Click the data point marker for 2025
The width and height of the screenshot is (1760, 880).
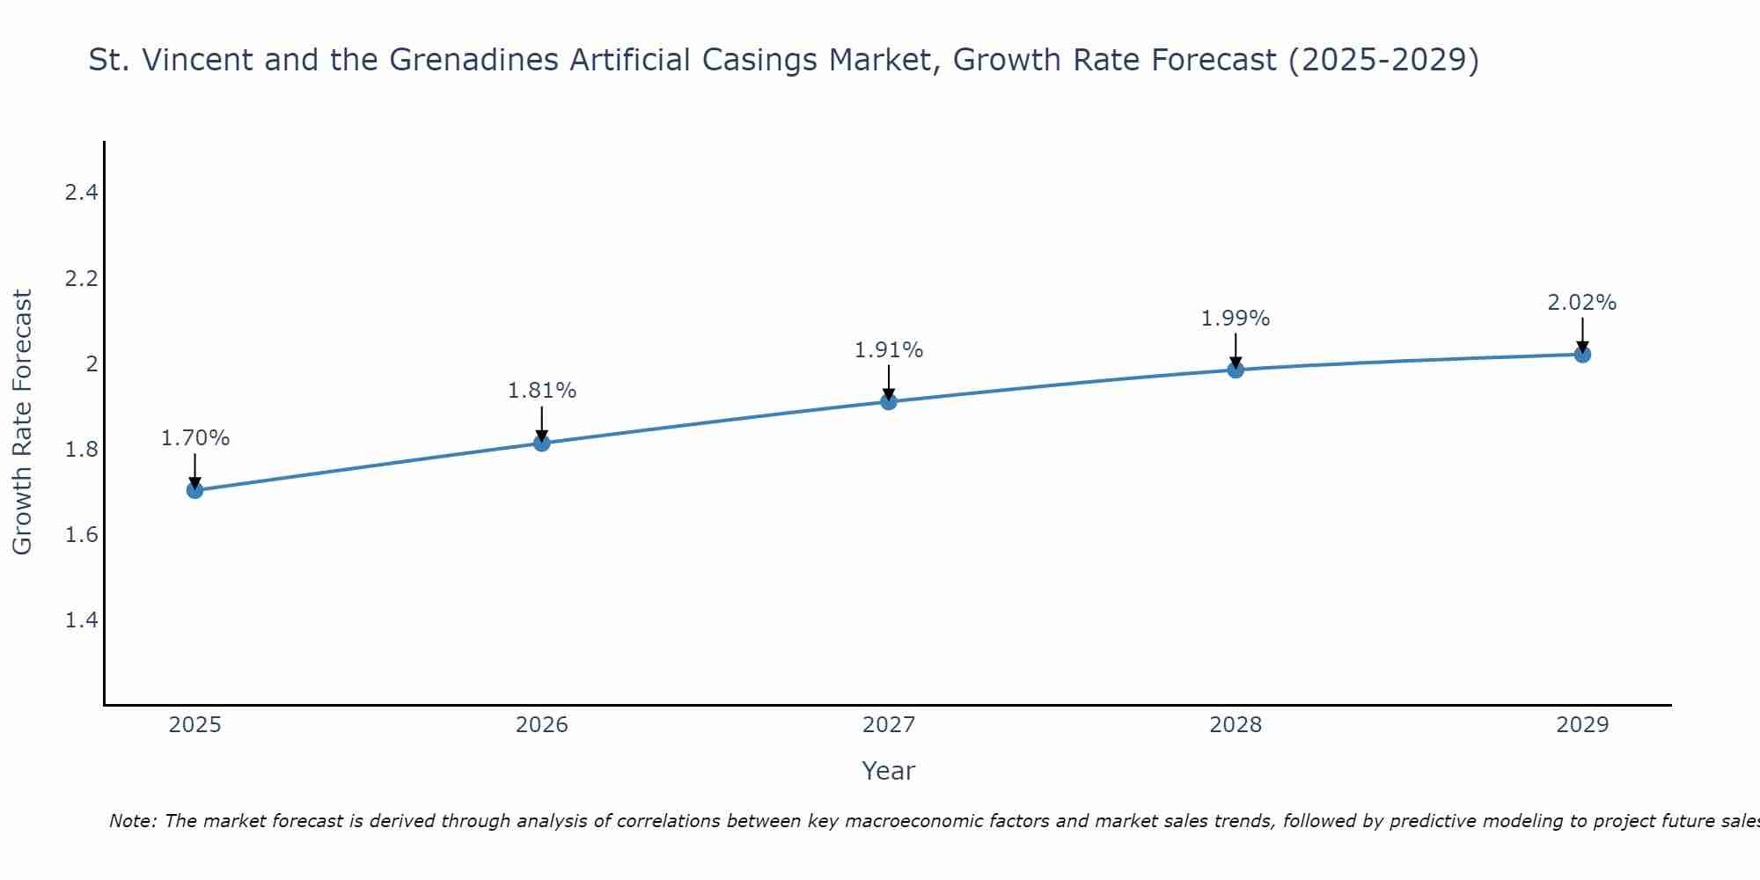[x=195, y=490]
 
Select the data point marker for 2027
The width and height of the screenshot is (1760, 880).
[x=889, y=401]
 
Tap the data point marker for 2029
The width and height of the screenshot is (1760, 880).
[x=1582, y=355]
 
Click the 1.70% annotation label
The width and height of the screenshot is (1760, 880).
[x=195, y=438]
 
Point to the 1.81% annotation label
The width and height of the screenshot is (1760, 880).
[x=542, y=391]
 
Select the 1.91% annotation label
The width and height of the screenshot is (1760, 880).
[x=889, y=350]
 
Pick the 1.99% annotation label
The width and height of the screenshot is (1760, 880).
[x=1236, y=319]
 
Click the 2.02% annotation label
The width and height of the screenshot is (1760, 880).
[x=1582, y=303]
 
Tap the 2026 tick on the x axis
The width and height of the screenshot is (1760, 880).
[x=542, y=725]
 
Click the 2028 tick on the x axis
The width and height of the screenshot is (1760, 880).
[x=1236, y=725]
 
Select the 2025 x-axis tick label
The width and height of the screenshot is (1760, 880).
[x=195, y=725]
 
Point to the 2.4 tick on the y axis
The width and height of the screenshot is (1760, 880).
[x=81, y=193]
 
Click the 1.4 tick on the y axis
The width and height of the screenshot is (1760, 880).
[x=81, y=620]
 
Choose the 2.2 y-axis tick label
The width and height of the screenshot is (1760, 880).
[x=81, y=279]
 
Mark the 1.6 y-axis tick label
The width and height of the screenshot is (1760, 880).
[x=81, y=535]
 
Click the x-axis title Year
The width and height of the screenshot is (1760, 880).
[x=889, y=771]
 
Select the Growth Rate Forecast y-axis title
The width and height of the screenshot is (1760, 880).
[x=23, y=422]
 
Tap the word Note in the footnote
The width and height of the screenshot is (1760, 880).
[x=132, y=821]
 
